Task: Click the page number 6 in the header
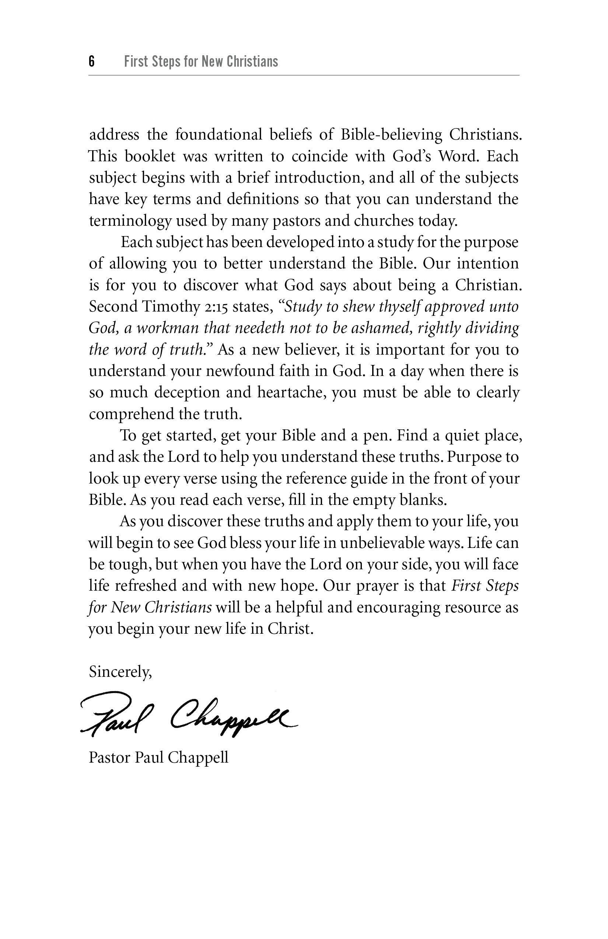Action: [92, 61]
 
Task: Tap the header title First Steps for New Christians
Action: [201, 61]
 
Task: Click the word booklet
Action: [150, 156]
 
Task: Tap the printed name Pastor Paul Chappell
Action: [158, 757]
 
